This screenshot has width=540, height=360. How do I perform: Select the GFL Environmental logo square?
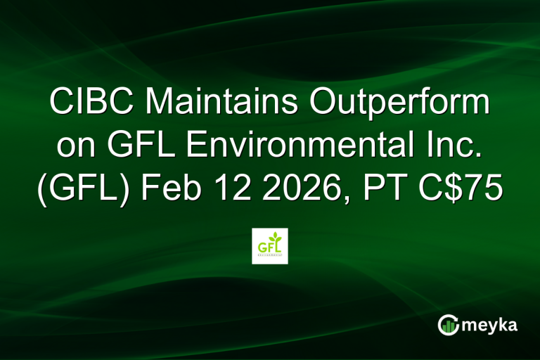coord(270,245)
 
